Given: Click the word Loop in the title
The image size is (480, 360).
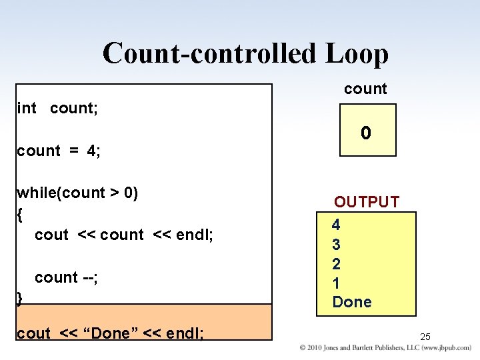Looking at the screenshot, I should click(x=356, y=53).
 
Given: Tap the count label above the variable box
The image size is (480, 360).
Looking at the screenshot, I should click(x=365, y=89).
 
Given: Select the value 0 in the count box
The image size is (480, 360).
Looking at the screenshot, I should click(x=366, y=133).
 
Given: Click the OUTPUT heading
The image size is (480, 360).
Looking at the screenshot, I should click(x=367, y=202).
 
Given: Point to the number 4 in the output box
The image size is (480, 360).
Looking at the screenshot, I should click(x=337, y=225).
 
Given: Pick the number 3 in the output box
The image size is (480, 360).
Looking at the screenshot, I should click(x=337, y=245).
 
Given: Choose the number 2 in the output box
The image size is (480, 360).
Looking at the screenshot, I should click(x=337, y=264).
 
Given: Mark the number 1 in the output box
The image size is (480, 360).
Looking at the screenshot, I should click(x=337, y=283).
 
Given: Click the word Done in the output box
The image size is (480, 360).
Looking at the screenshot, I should click(x=352, y=302).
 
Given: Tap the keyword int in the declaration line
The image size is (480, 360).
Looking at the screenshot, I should click(x=27, y=108).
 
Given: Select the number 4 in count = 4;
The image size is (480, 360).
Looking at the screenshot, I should click(x=91, y=151).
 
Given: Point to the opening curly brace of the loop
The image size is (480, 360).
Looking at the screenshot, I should click(x=20, y=215).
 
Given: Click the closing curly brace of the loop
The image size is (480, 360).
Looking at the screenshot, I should click(x=20, y=298).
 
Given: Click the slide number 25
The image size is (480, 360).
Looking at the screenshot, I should click(x=426, y=337).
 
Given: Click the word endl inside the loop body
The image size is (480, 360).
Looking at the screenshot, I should click(x=195, y=235).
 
